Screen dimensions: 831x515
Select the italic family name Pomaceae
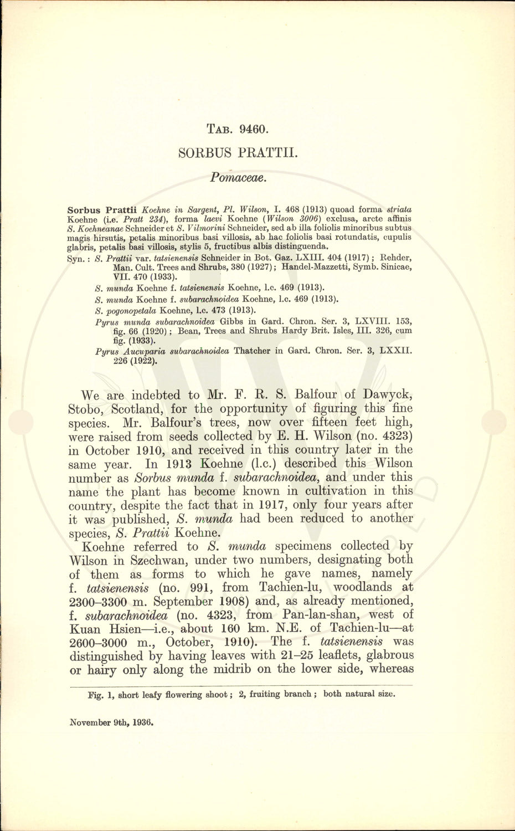pos(239,178)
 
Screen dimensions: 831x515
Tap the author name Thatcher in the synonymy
pos(253,351)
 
